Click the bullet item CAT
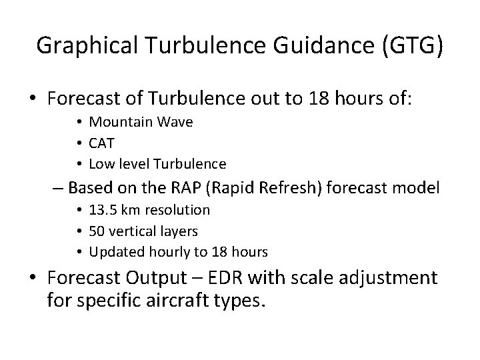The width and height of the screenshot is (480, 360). [x=101, y=143]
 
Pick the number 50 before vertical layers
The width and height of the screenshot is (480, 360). [x=97, y=231]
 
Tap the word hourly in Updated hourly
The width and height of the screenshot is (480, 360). [x=159, y=251]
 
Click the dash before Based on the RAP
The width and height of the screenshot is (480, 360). [x=57, y=188]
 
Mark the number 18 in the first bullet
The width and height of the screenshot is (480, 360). [x=319, y=99]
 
